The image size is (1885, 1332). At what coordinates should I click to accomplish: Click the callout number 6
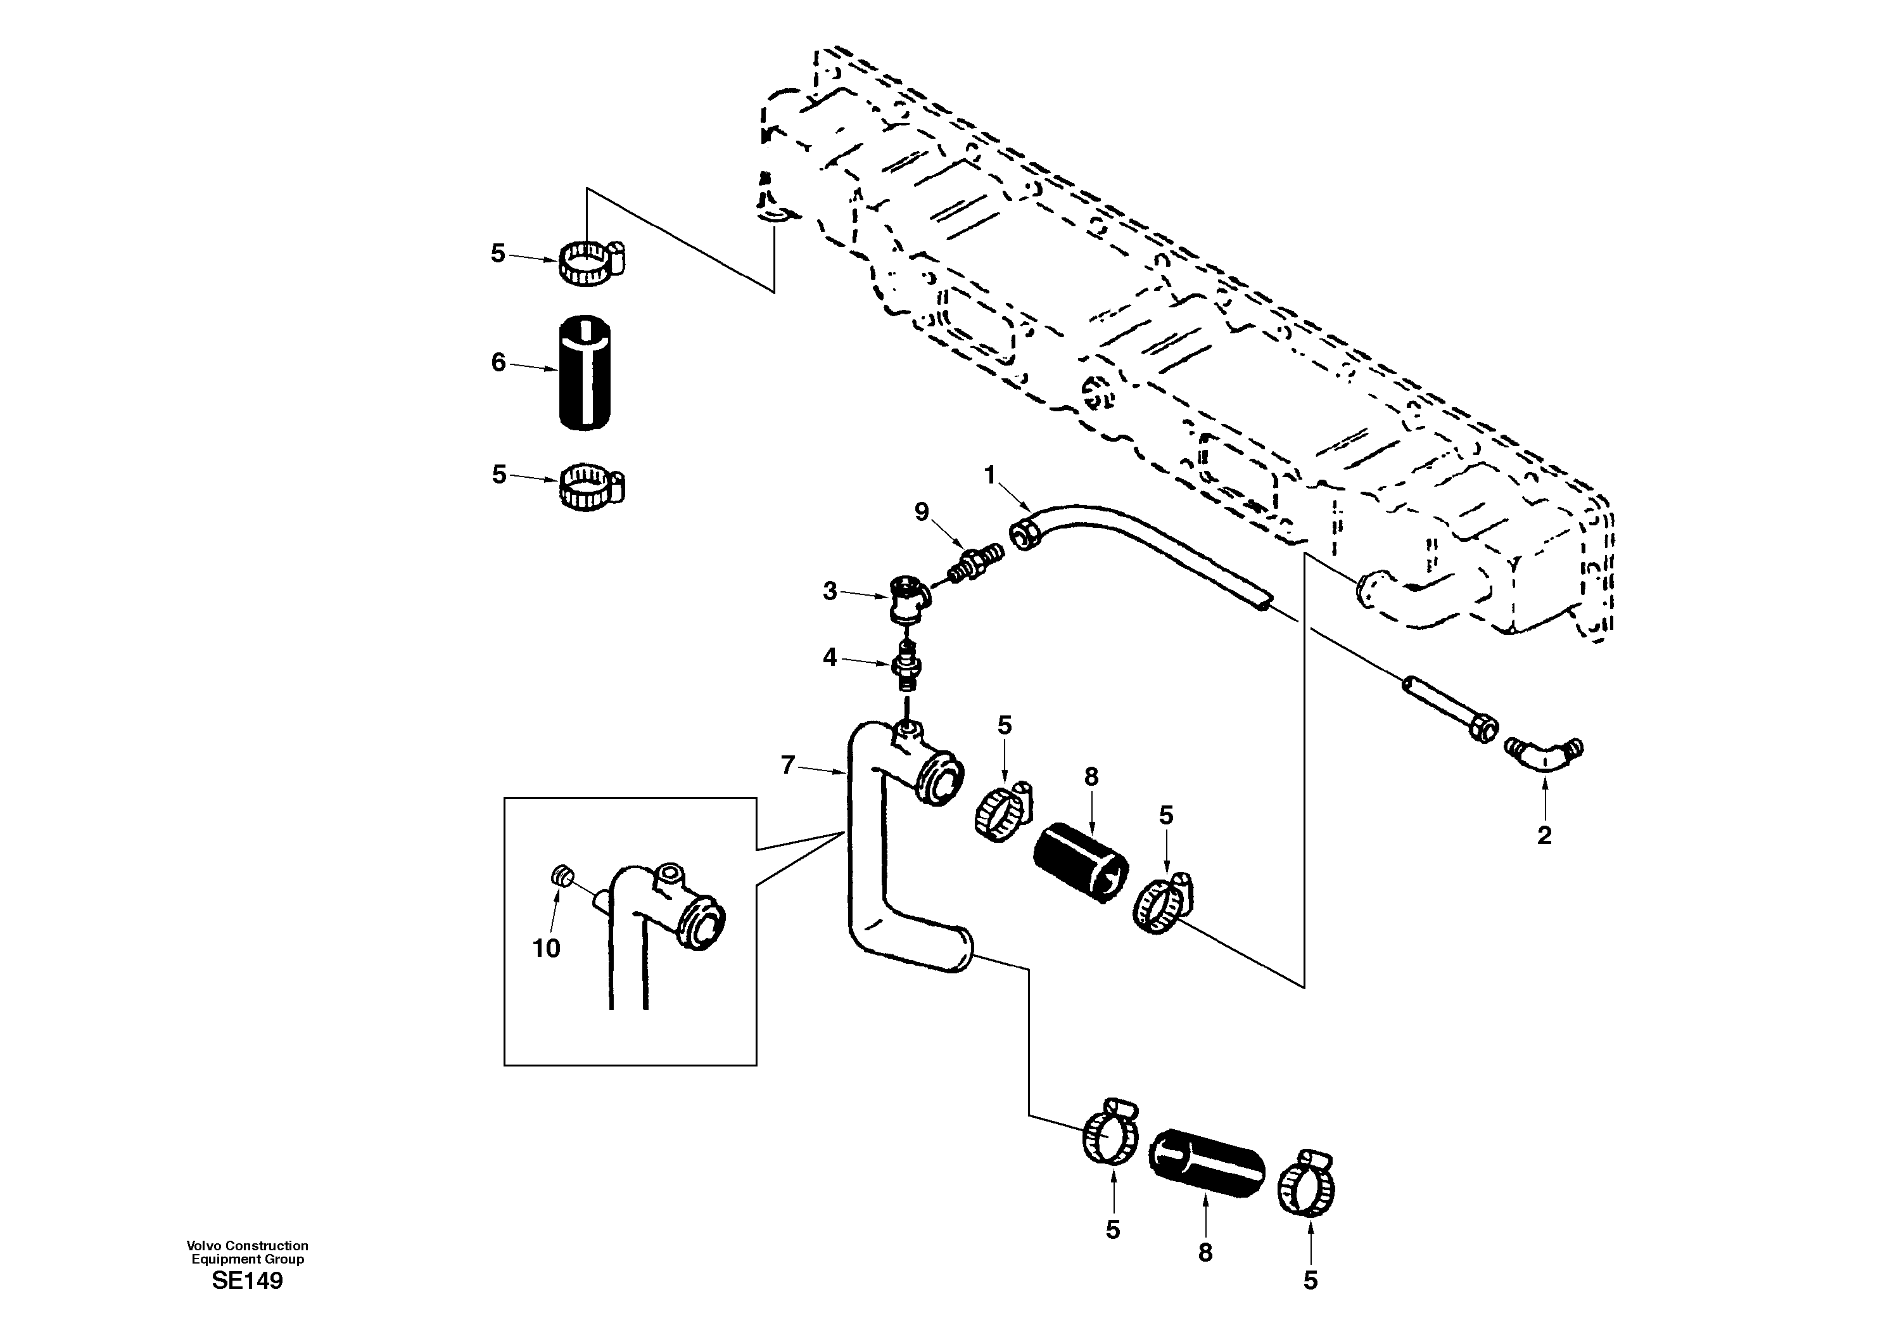498,362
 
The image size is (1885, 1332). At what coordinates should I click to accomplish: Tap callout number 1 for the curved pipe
989,475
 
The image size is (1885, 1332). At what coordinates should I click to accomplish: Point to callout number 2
1544,836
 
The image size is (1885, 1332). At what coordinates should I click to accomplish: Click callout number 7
787,765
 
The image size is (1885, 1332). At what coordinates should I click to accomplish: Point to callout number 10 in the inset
546,949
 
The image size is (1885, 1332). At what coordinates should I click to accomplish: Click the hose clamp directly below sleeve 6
590,483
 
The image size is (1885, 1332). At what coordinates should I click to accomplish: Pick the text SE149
247,1281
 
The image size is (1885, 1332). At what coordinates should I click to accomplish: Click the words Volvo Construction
247,1246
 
